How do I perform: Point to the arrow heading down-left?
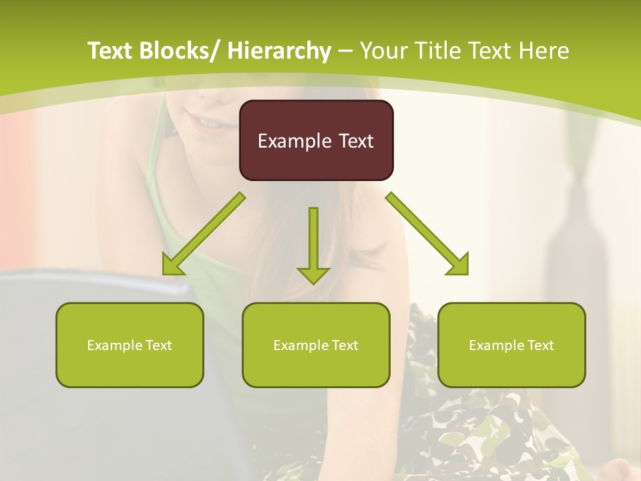(203, 234)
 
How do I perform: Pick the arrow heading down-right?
(427, 234)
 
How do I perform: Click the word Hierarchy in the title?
(279, 51)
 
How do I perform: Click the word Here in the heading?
(544, 51)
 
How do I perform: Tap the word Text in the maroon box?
(355, 141)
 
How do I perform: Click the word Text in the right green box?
(540, 345)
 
